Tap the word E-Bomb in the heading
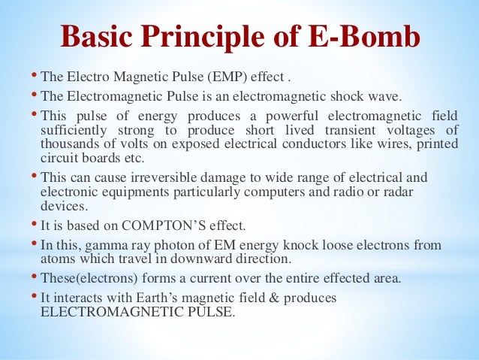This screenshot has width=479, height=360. click(363, 37)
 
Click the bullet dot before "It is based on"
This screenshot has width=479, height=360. click(34, 224)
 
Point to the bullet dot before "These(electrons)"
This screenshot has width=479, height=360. click(34, 277)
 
